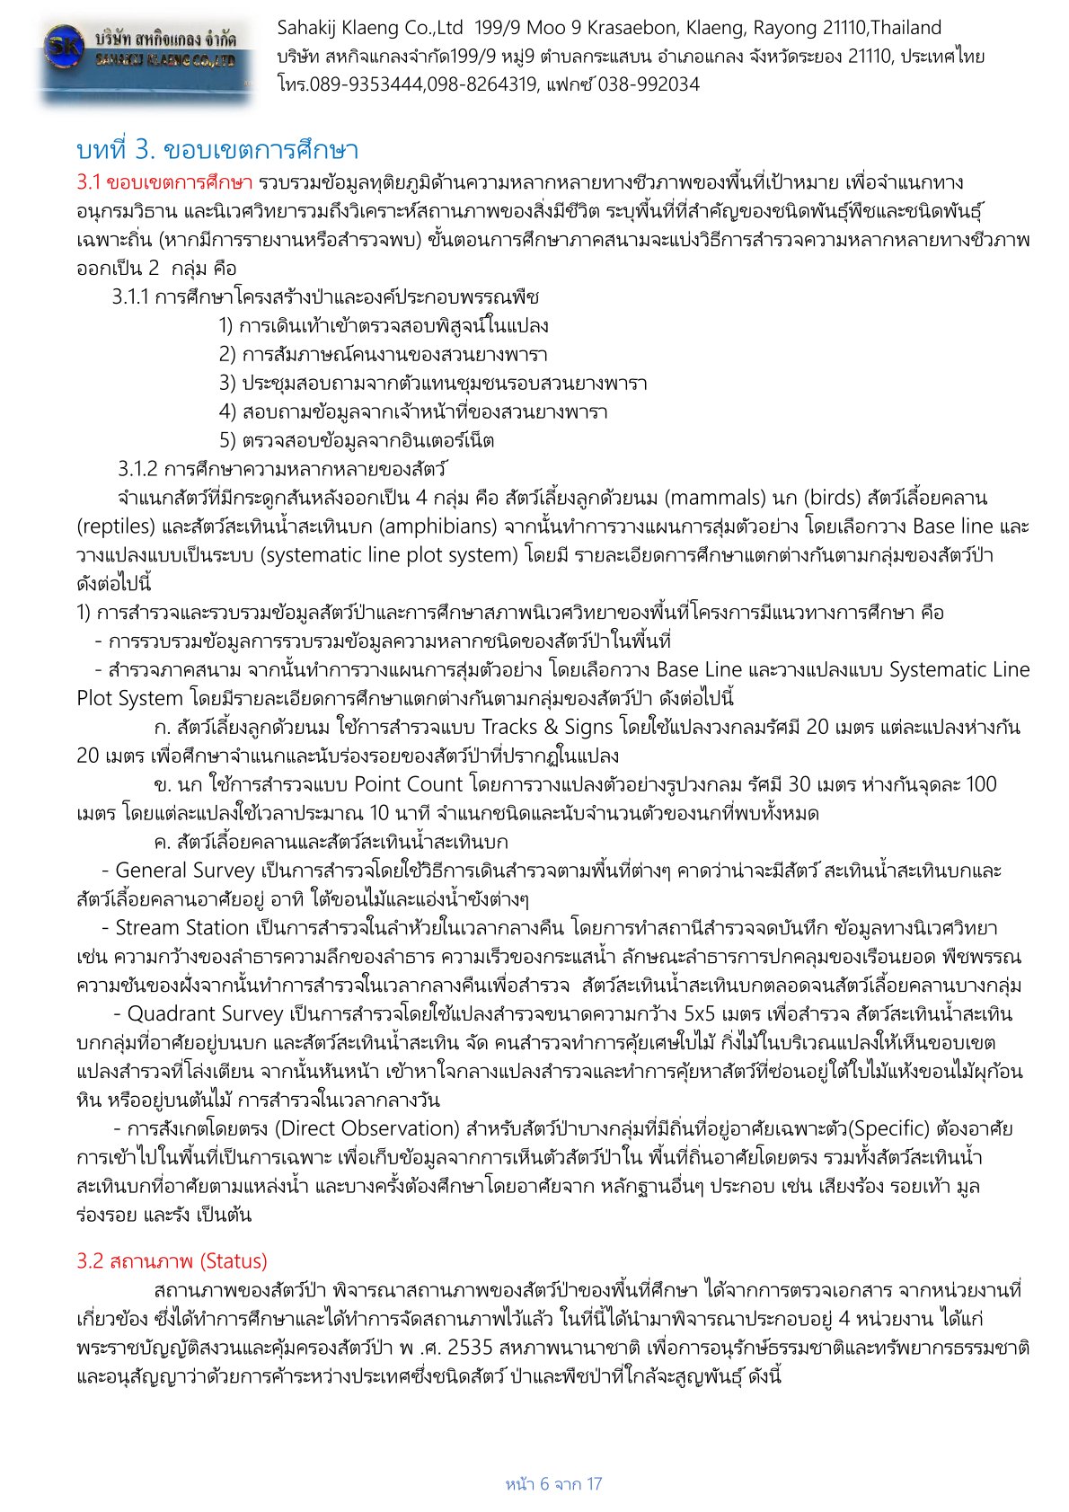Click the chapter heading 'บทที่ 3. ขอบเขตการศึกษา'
pos(217,149)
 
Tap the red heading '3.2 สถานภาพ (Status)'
pos(172,1260)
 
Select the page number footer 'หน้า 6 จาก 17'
pos(553,1483)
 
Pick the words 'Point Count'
pos(409,784)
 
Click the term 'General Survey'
pos(184,871)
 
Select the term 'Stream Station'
pos(181,928)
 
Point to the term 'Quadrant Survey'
pos(205,1014)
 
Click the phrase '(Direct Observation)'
pos(367,1129)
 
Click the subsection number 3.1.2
pos(137,469)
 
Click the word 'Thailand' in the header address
pos(906,28)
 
